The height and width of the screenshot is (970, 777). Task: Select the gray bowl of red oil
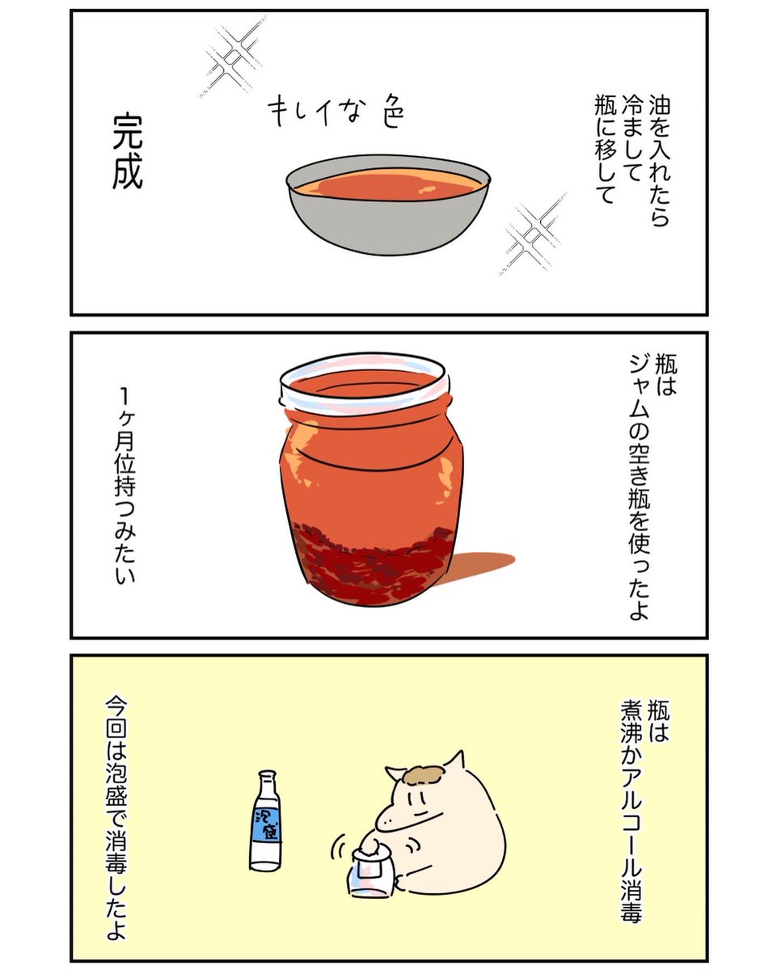coord(388,208)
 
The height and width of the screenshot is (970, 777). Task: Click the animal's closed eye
coord(414,800)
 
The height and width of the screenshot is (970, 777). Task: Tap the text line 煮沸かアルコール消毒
coord(631,816)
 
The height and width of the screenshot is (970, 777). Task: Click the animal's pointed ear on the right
coord(457,761)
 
